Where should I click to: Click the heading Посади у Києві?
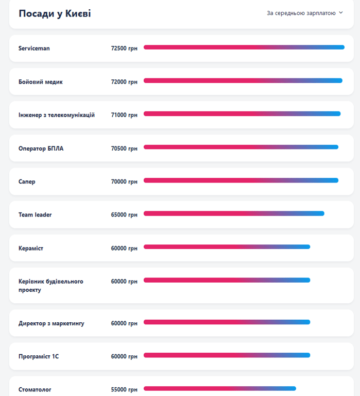pyautogui.click(x=55, y=13)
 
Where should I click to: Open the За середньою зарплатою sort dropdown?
pyautogui.click(x=304, y=13)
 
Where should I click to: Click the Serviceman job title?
pyautogui.click(x=34, y=48)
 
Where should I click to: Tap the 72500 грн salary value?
pyautogui.click(x=124, y=48)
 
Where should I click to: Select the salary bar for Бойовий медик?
pyautogui.click(x=243, y=80)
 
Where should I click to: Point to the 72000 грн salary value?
pyautogui.click(x=124, y=82)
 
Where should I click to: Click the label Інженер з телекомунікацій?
pyautogui.click(x=57, y=115)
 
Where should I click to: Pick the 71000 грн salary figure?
pyautogui.click(x=124, y=115)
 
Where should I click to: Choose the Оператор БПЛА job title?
pyautogui.click(x=41, y=148)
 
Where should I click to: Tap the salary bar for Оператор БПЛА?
pyautogui.click(x=241, y=147)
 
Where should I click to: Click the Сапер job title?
pyautogui.click(x=27, y=181)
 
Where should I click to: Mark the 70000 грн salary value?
pyautogui.click(x=124, y=181)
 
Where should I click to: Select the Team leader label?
pyautogui.click(x=35, y=214)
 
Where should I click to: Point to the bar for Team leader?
pyautogui.click(x=234, y=213)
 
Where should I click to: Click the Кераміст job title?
pyautogui.click(x=31, y=248)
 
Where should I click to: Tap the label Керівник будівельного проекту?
pyautogui.click(x=50, y=286)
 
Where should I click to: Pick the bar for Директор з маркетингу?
pyautogui.click(x=227, y=322)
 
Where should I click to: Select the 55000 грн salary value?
pyautogui.click(x=124, y=390)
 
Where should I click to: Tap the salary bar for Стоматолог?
pyautogui.click(x=219, y=388)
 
